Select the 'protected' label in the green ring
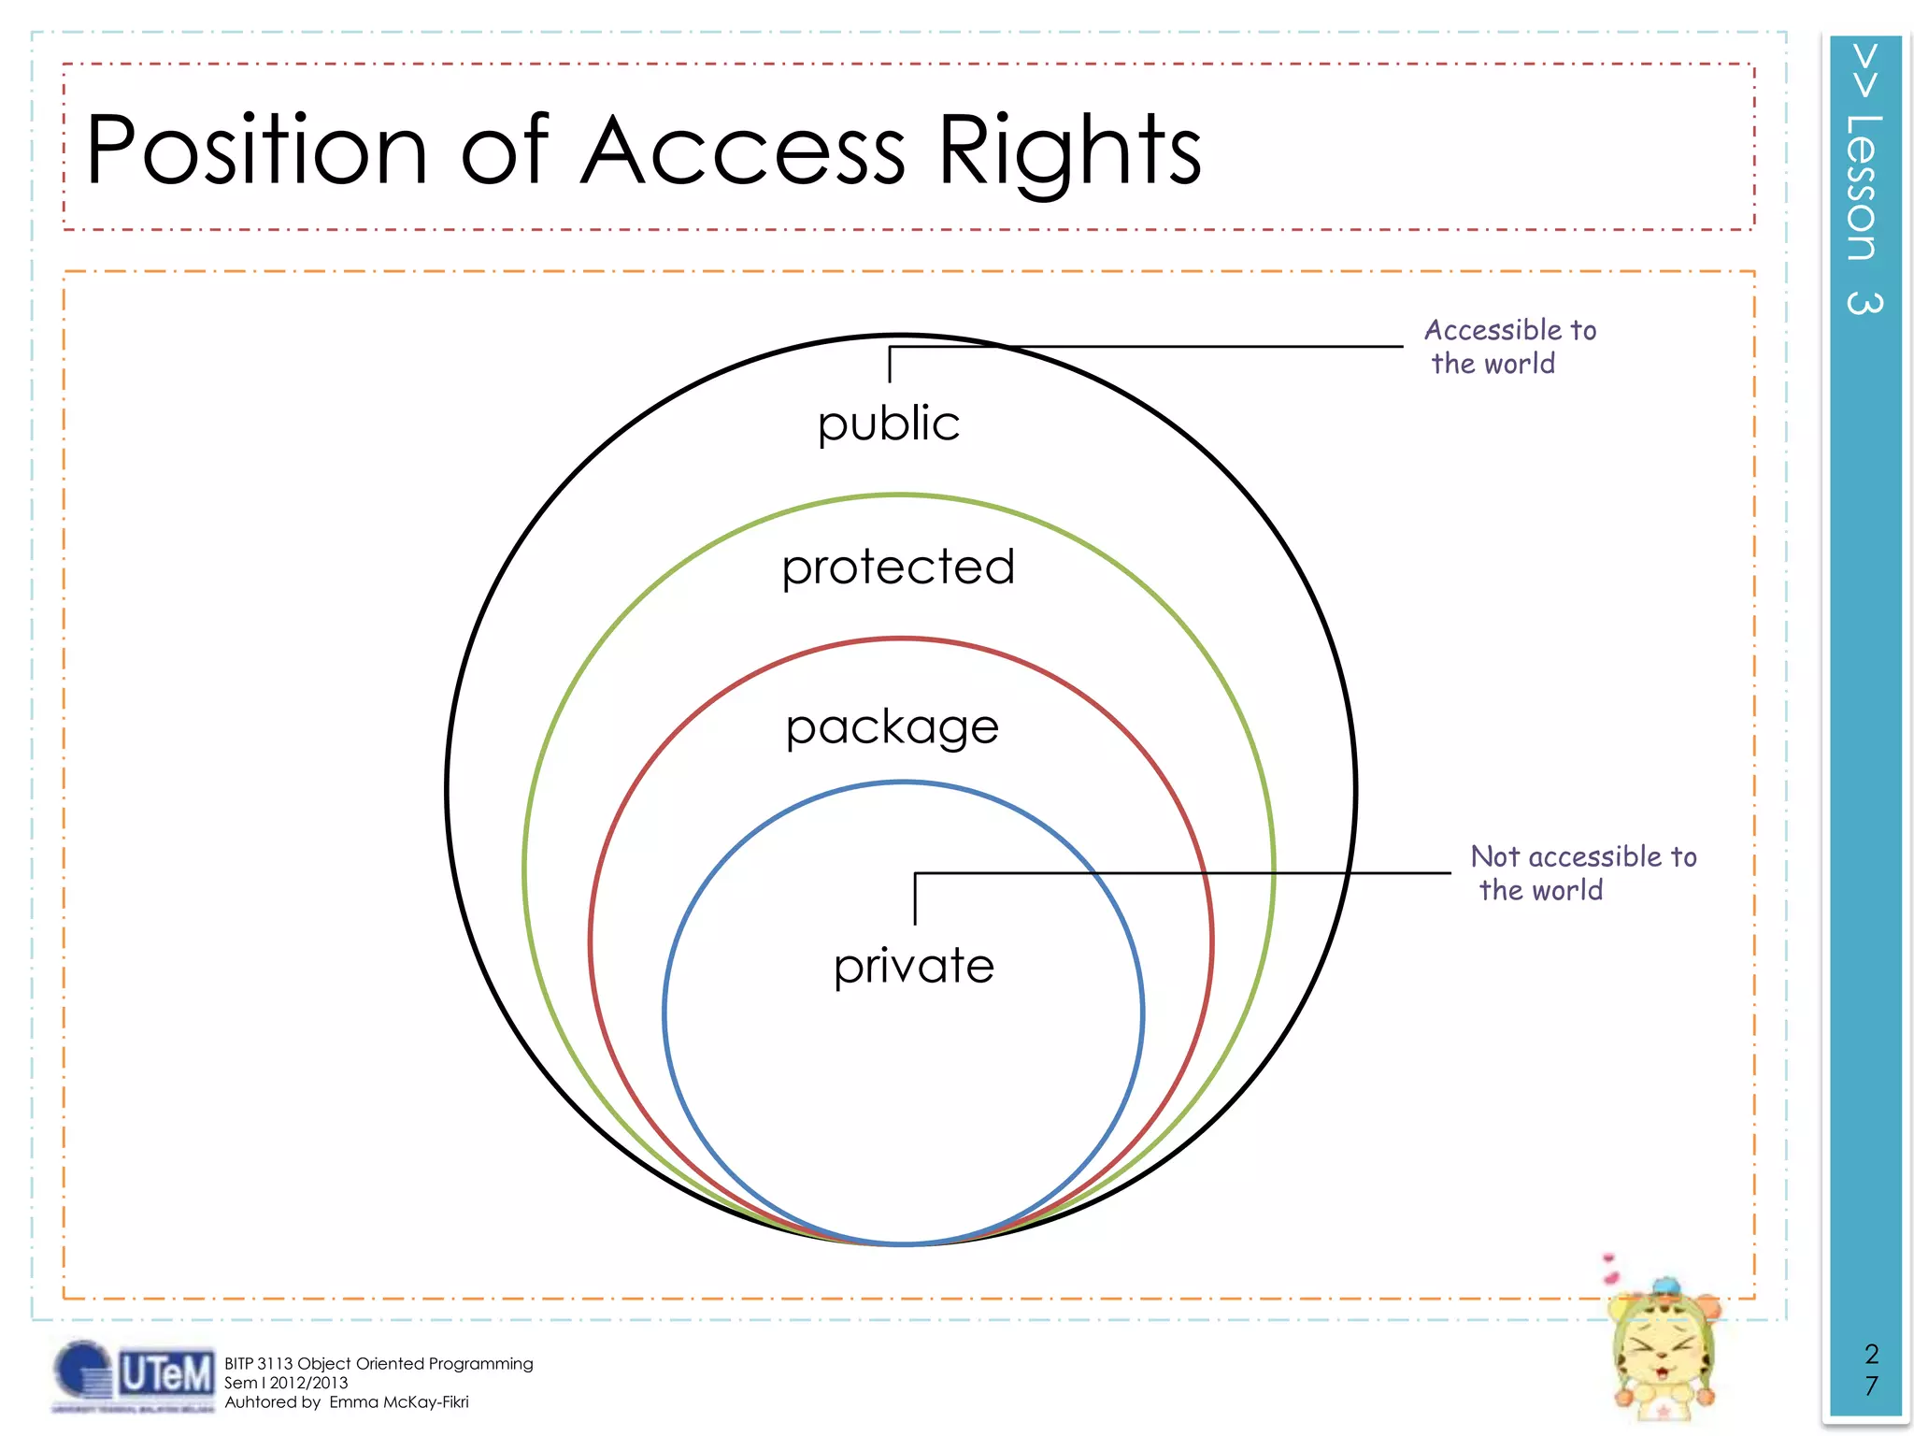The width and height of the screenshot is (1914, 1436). click(x=898, y=567)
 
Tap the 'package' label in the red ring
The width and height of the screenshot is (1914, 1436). click(x=893, y=728)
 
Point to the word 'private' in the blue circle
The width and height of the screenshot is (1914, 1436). click(x=914, y=966)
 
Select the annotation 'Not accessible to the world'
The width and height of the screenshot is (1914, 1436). click(x=1582, y=873)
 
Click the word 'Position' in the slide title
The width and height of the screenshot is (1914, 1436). click(x=256, y=150)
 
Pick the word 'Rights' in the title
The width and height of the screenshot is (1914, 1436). click(x=1069, y=151)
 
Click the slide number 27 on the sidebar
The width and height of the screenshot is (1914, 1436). click(x=1870, y=1370)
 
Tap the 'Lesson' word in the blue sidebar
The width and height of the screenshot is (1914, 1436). click(x=1863, y=187)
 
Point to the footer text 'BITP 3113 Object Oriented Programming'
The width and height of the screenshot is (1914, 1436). click(x=379, y=1364)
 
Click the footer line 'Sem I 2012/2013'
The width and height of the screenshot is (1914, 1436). click(x=286, y=1383)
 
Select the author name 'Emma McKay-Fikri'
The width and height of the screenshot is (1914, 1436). click(x=399, y=1402)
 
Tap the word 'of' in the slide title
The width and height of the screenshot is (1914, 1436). click(x=505, y=150)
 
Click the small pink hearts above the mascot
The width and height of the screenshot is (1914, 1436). click(x=1609, y=1270)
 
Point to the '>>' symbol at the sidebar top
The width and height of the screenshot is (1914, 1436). click(x=1864, y=70)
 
